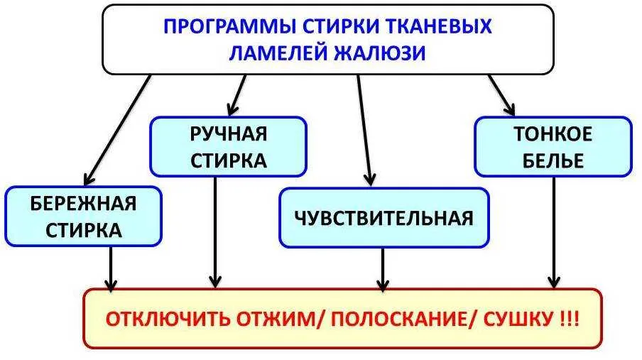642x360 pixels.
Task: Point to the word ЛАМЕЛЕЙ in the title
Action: point(278,53)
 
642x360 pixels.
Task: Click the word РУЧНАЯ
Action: point(228,133)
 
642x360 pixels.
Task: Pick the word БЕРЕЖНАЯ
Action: point(83,204)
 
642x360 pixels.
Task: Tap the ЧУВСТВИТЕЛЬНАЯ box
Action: point(383,217)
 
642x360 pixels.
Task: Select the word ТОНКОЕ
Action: point(553,134)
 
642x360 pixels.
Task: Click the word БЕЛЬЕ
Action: point(553,160)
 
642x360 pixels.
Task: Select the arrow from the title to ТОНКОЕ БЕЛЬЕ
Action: point(501,94)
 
